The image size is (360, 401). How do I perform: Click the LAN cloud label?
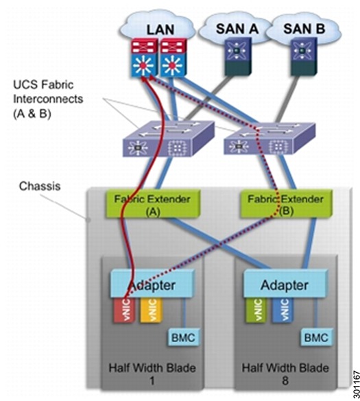pos(160,29)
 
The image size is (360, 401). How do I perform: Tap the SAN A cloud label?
pos(237,28)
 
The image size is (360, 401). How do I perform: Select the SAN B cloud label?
pos(304,28)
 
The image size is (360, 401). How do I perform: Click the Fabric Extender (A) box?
pos(152,204)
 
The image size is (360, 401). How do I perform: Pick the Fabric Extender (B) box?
pos(286,204)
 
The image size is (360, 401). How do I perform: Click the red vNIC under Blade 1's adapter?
pos(125,310)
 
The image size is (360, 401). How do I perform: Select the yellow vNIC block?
pos(152,310)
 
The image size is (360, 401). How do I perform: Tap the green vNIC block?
pos(256,310)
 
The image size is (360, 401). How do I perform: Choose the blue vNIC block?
pos(283,310)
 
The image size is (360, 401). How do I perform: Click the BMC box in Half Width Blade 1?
pos(183,337)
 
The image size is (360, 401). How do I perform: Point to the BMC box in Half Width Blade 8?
pos(316,337)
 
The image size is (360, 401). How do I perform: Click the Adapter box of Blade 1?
pos(152,284)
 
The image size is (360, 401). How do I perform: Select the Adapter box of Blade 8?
pos(285,284)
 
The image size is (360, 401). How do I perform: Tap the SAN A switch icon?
pos(238,57)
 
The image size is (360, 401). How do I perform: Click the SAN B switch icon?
pos(304,57)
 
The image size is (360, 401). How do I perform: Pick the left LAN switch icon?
pos(143,58)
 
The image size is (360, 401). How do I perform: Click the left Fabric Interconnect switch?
pos(168,138)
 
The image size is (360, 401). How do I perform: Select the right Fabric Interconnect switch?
pos(269,138)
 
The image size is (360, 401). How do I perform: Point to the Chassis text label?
pos(40,186)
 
